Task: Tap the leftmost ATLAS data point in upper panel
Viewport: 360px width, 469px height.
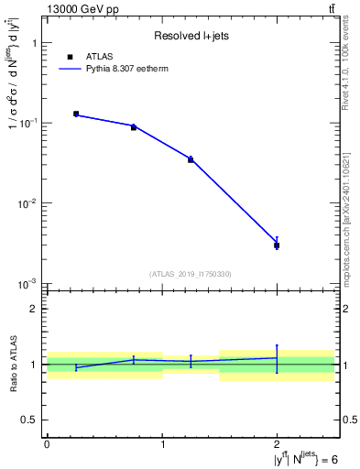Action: click(x=76, y=114)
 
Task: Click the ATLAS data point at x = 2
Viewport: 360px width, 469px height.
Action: click(x=277, y=245)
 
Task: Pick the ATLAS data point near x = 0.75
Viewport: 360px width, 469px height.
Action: click(x=134, y=127)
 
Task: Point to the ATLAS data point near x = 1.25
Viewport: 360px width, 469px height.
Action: click(x=191, y=159)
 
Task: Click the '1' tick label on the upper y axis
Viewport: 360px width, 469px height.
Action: click(x=34, y=43)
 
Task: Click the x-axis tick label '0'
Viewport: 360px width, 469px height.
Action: click(x=47, y=444)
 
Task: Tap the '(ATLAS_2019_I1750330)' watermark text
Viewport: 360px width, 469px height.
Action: click(x=191, y=274)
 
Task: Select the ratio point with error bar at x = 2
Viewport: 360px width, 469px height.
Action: click(x=277, y=358)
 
